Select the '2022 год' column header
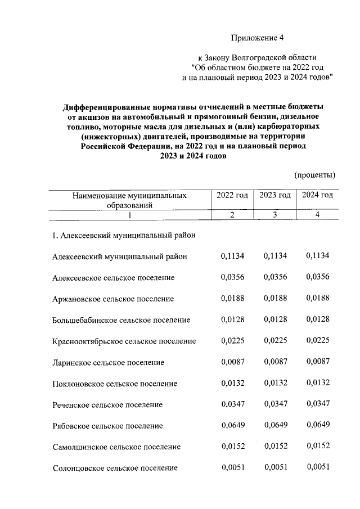click(232, 195)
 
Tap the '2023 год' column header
click(275, 195)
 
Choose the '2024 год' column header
click(317, 195)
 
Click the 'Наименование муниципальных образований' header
click(130, 200)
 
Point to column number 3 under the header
click(275, 215)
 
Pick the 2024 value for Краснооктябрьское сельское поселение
click(317, 341)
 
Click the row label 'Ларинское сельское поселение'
click(108, 363)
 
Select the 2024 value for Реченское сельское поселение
click(317, 404)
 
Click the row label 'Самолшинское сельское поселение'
click(116, 447)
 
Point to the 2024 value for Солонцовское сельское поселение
click(317, 467)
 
